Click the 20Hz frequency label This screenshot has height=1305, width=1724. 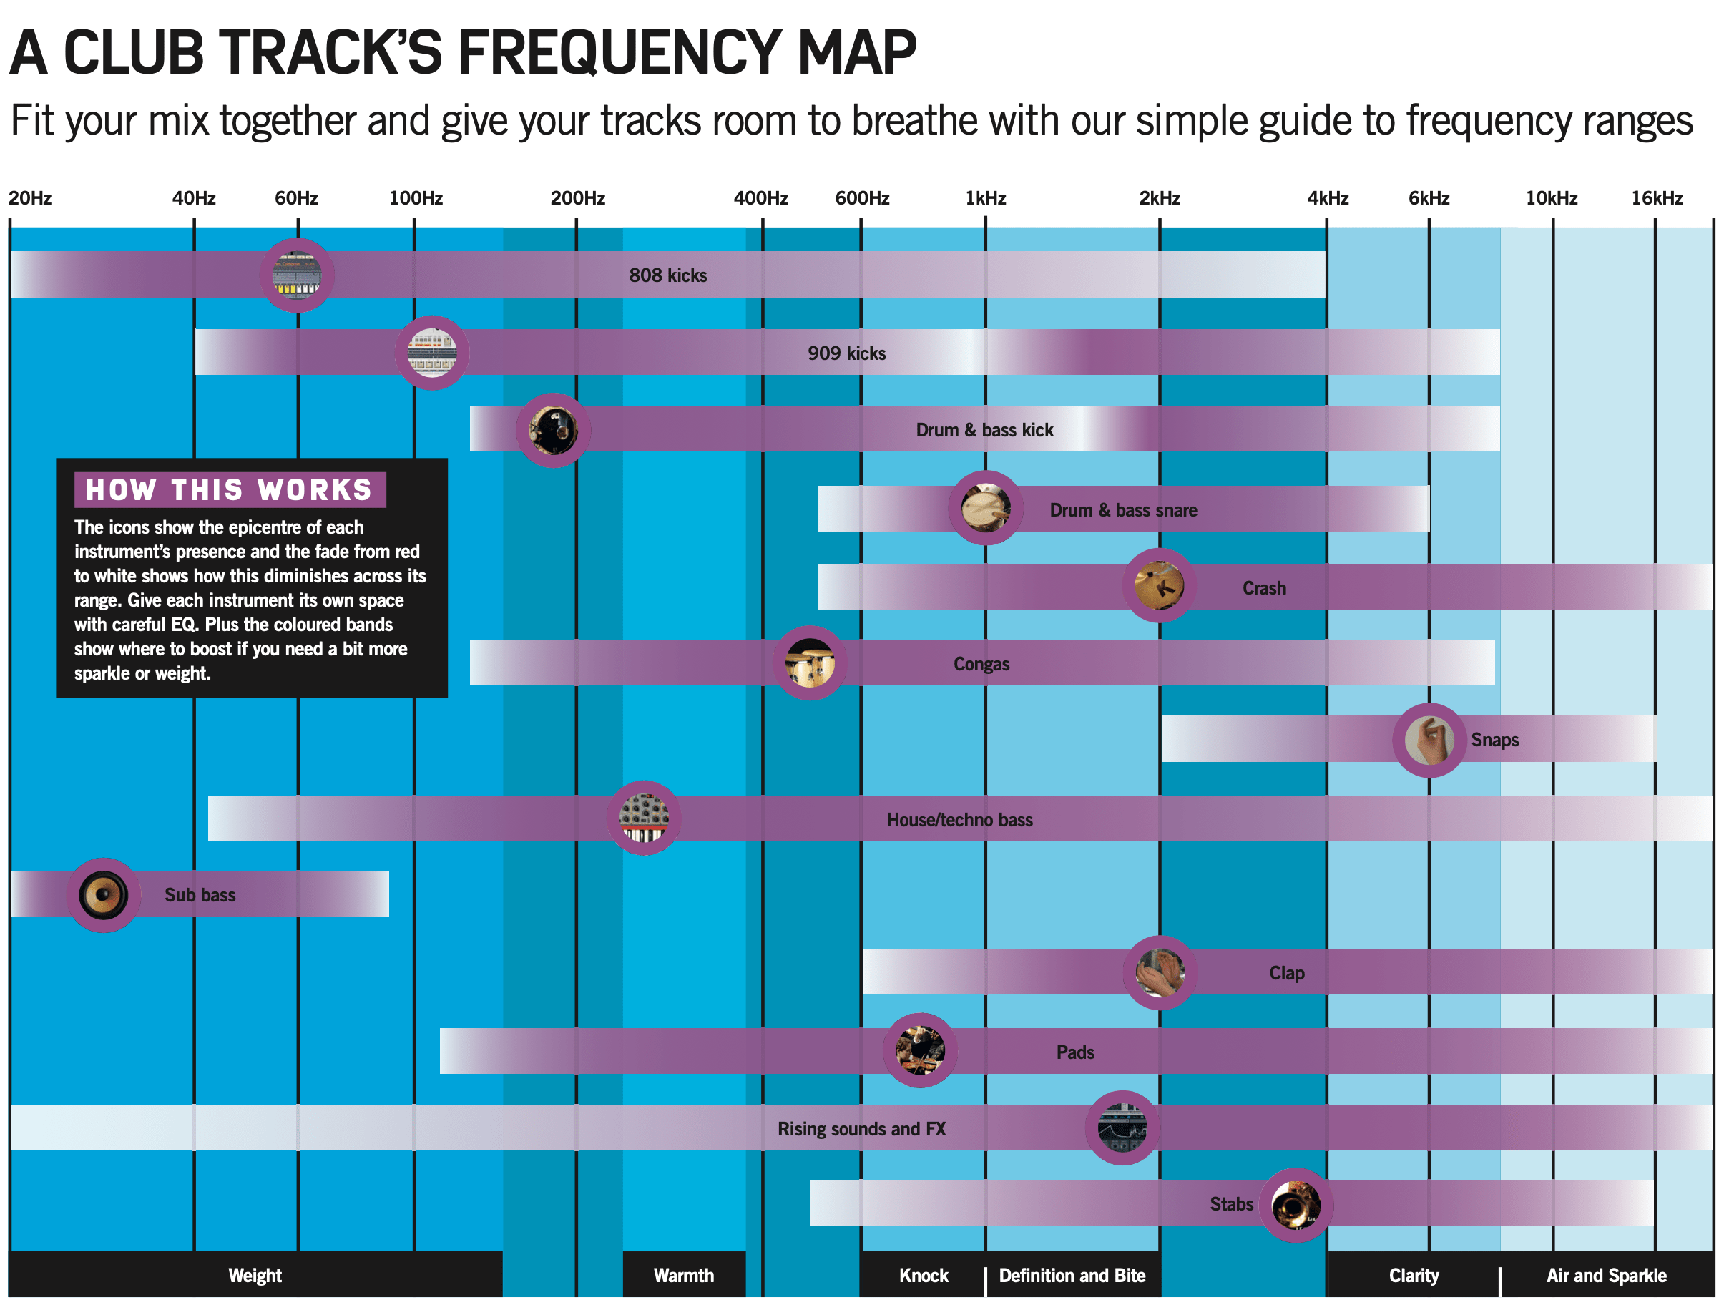[x=30, y=198]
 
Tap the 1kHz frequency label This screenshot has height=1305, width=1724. [x=985, y=198]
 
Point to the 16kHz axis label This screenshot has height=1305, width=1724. [x=1656, y=198]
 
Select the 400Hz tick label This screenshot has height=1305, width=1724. [x=760, y=198]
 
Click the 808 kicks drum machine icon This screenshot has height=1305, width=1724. [x=297, y=275]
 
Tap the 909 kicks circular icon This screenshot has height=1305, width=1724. [x=432, y=353]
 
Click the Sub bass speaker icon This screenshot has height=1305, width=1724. [x=104, y=895]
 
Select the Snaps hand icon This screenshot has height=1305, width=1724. [x=1429, y=740]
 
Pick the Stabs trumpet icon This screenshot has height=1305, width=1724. [x=1296, y=1204]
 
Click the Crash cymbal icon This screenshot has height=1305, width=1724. [x=1159, y=585]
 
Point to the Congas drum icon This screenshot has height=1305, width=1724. [x=810, y=663]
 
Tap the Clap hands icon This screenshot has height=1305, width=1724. [x=1160, y=973]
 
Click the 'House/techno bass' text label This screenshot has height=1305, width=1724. [x=959, y=819]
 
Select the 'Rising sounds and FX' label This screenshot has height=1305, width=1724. [x=861, y=1129]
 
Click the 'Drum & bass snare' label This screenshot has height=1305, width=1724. [x=1123, y=510]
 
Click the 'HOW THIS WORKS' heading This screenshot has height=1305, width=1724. [x=229, y=489]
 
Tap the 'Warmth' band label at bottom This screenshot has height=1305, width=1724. [x=684, y=1276]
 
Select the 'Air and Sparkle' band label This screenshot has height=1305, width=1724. [x=1606, y=1276]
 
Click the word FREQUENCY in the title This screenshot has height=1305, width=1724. [x=620, y=52]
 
